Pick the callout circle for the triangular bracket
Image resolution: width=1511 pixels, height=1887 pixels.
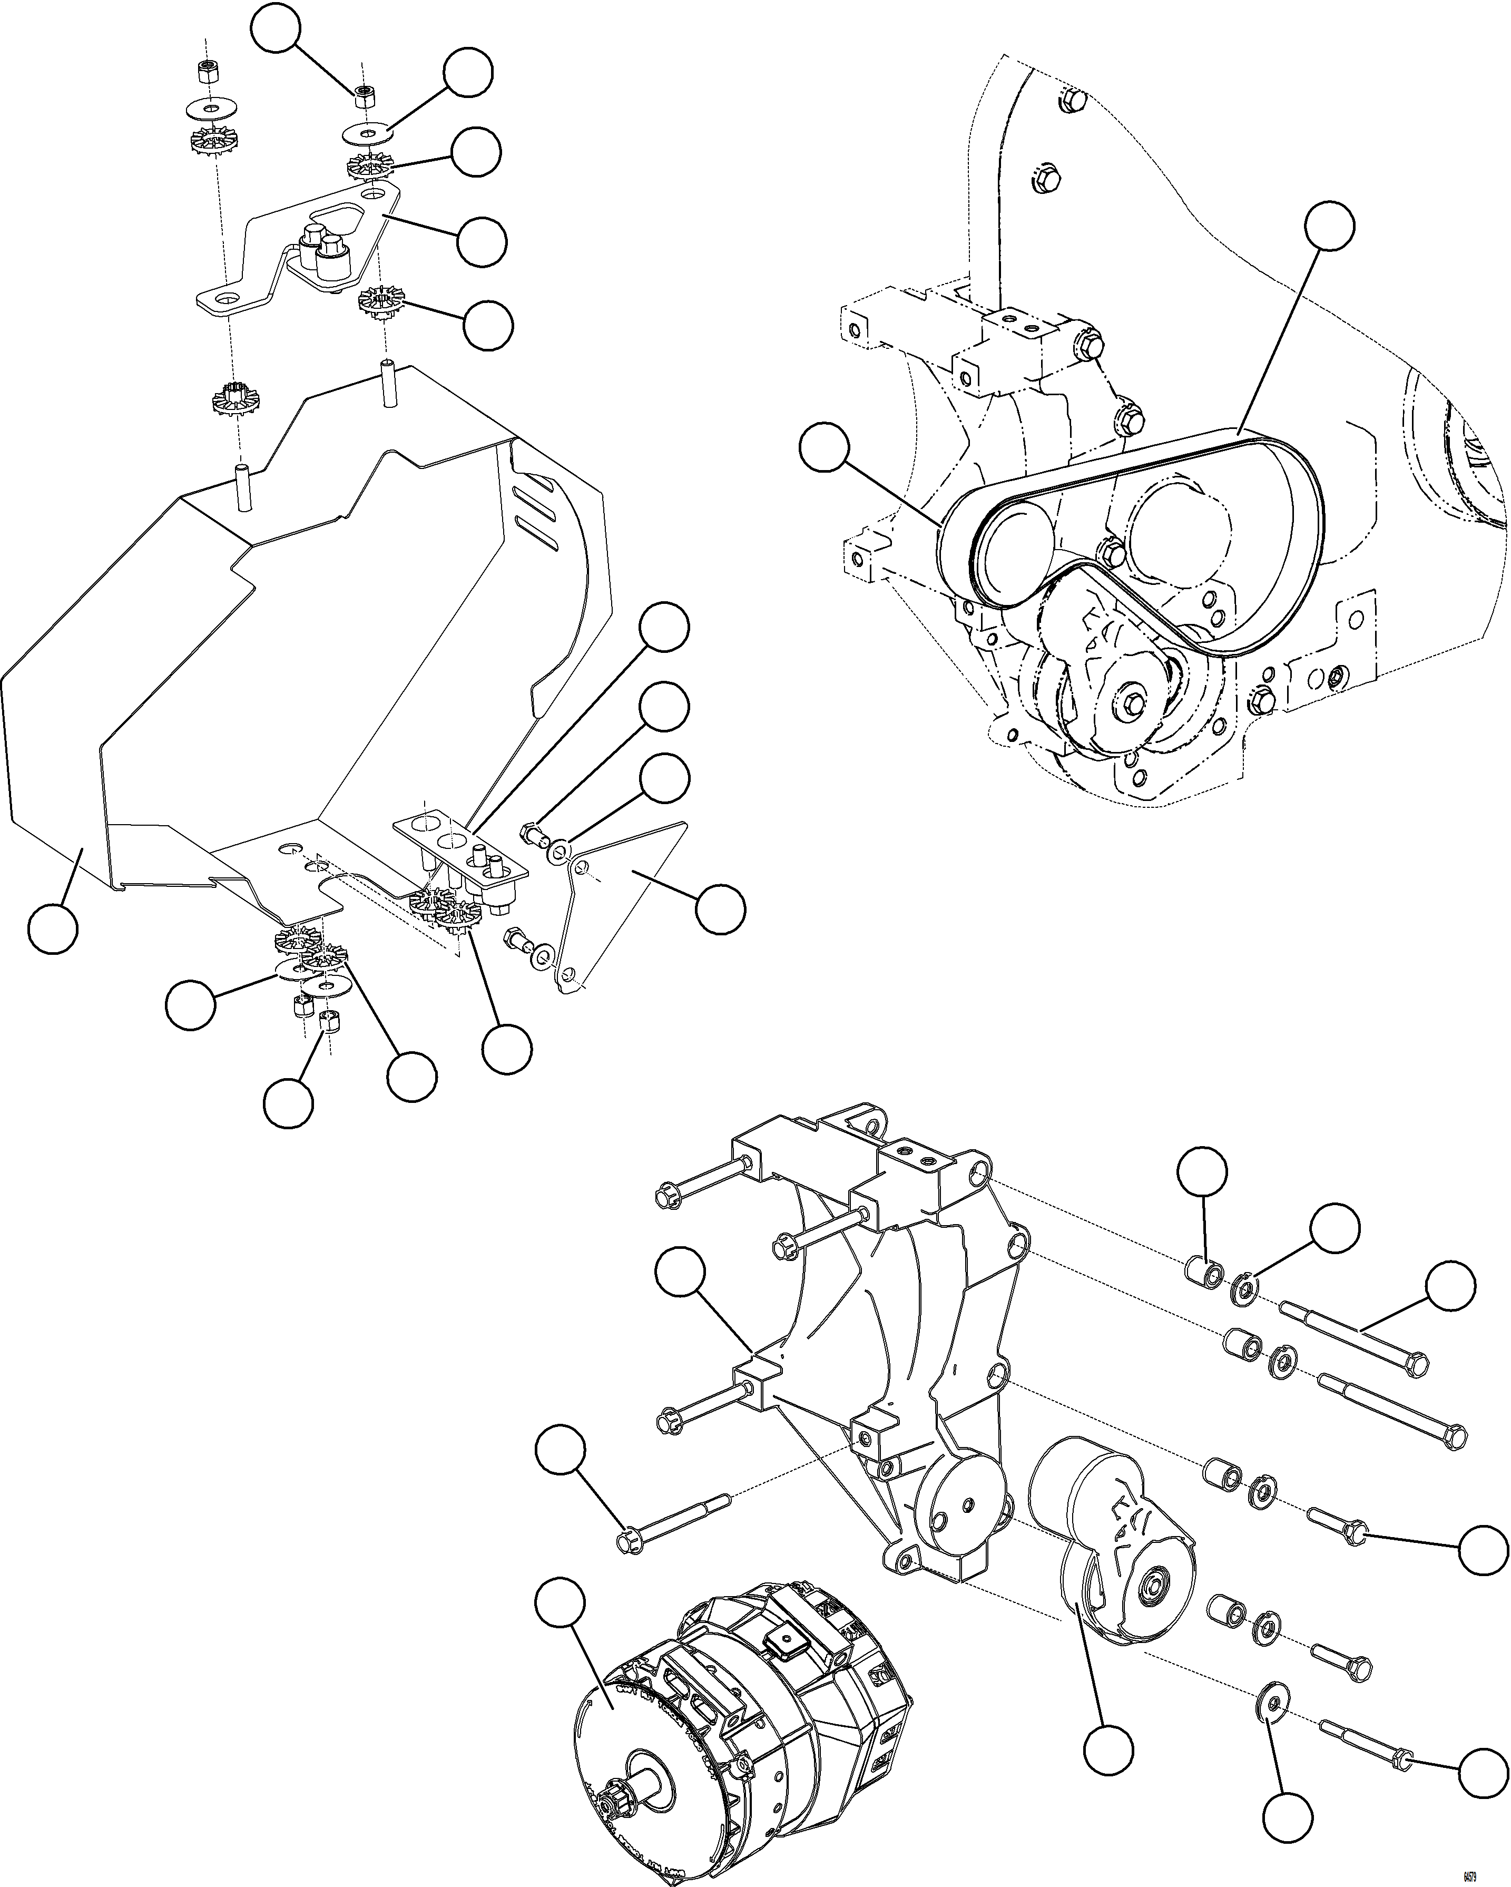click(x=720, y=910)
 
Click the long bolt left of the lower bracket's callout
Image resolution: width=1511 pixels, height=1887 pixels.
click(x=674, y=1528)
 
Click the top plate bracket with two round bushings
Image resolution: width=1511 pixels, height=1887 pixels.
click(x=298, y=249)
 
